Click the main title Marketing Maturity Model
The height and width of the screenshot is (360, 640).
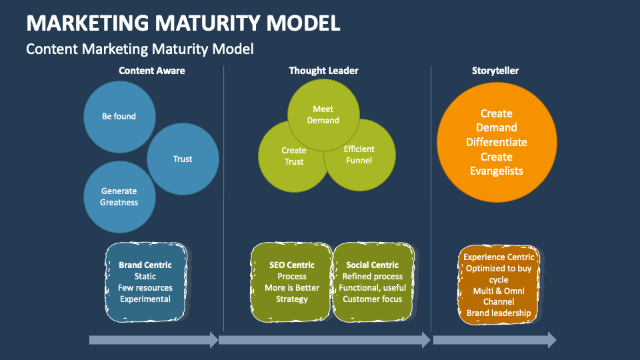click(x=183, y=23)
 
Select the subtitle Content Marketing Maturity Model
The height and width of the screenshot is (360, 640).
click(x=139, y=49)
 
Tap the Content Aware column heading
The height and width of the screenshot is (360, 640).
click(x=152, y=71)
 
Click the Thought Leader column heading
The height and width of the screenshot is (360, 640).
click(x=323, y=71)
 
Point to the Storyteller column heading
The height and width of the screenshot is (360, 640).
click(x=495, y=71)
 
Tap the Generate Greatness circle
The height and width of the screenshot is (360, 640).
click(x=119, y=197)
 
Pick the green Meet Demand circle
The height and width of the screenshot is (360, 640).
click(x=323, y=114)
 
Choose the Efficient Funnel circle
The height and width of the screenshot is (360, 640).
click(x=361, y=156)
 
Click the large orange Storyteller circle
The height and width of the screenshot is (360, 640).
click(x=497, y=142)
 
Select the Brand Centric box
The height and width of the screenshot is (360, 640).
click(x=145, y=282)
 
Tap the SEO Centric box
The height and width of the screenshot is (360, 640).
click(x=291, y=282)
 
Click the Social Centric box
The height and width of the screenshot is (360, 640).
click(x=372, y=282)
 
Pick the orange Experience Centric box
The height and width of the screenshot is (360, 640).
click(x=499, y=285)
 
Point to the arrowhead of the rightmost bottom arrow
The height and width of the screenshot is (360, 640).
click(x=551, y=340)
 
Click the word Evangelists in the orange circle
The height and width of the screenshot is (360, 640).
click(x=497, y=171)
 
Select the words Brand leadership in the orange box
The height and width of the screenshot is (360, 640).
click(x=499, y=313)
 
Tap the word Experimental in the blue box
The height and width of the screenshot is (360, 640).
click(x=145, y=299)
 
